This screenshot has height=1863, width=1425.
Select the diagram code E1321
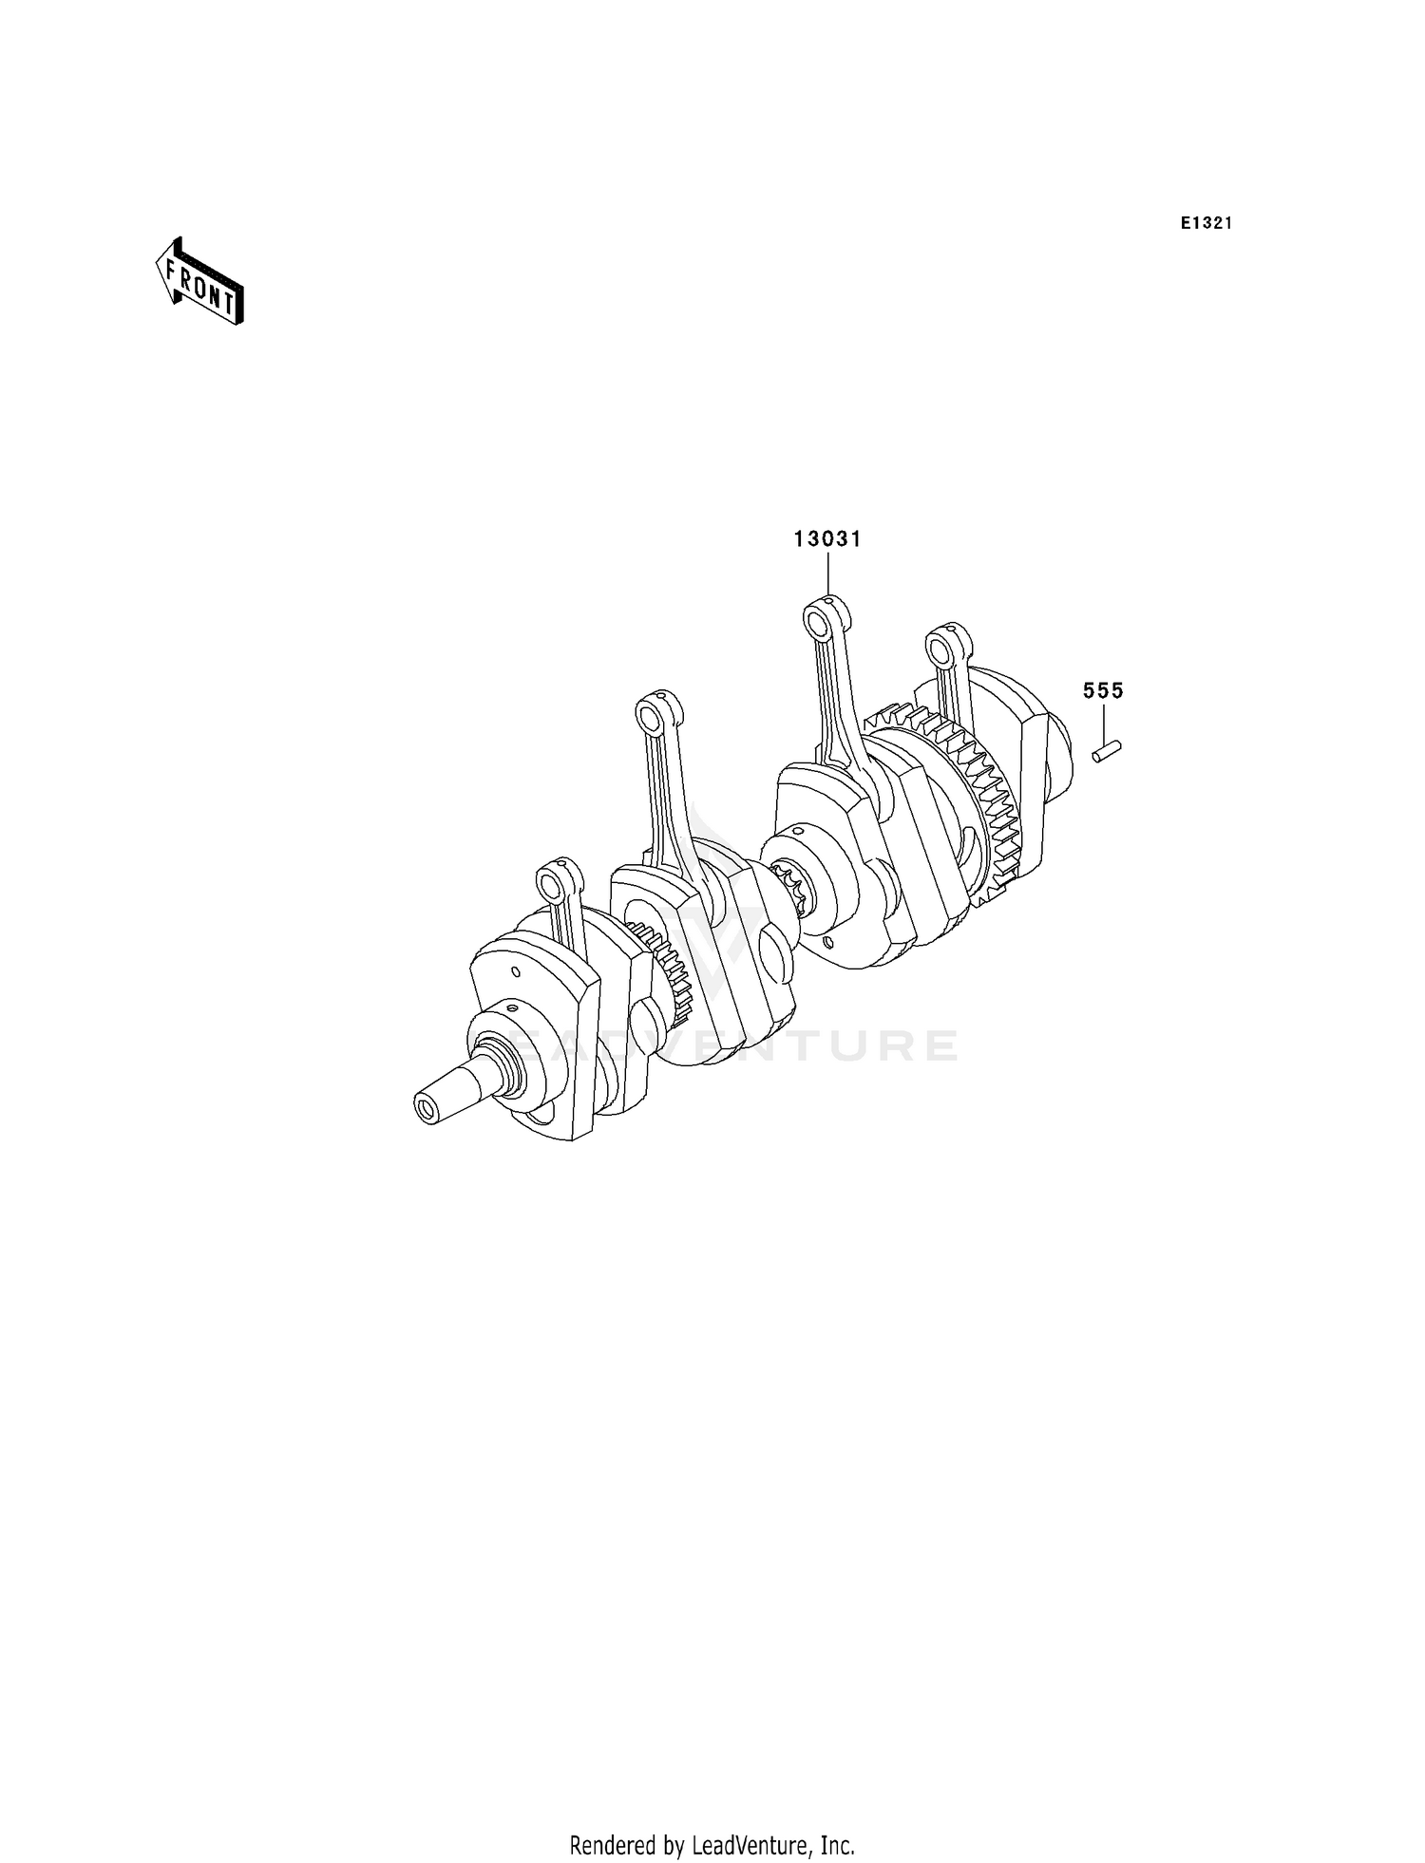pos(1206,224)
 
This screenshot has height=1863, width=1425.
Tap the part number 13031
pos(827,539)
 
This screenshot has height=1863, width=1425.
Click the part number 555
pos(1103,691)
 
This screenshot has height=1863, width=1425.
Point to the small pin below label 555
pos(1107,751)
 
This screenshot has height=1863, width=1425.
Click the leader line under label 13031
pos(827,574)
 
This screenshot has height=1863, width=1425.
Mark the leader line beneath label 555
pos(1104,723)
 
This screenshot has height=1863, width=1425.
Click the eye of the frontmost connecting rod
pos(553,886)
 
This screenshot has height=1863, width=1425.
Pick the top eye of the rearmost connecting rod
pos(942,649)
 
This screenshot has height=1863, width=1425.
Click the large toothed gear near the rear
pos(988,798)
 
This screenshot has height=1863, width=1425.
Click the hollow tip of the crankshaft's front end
pos(424,1108)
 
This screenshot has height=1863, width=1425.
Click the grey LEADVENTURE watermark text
pos(731,1045)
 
